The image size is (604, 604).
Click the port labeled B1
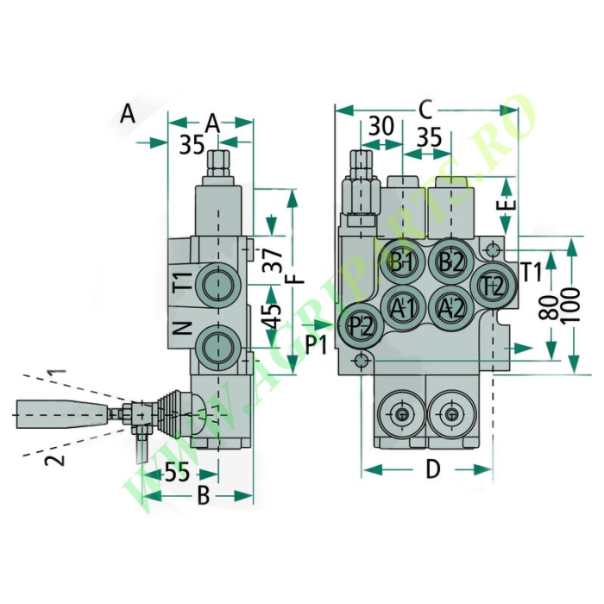click(x=403, y=263)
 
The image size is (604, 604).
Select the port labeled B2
click(x=451, y=263)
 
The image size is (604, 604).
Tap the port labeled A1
click(x=403, y=308)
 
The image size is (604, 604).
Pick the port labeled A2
click(x=451, y=308)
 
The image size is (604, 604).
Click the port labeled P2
click(x=361, y=326)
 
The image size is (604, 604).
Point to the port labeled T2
click(x=494, y=286)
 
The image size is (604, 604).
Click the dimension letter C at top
click(x=425, y=110)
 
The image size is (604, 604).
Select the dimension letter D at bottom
click(x=433, y=469)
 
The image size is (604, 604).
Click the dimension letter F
click(x=298, y=279)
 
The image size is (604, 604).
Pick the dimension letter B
click(x=204, y=495)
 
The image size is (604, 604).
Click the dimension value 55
click(x=178, y=472)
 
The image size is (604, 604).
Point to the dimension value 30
click(x=381, y=126)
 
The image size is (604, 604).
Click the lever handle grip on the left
click(x=62, y=414)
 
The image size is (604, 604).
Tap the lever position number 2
click(x=54, y=460)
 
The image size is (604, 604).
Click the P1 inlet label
click(x=317, y=344)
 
